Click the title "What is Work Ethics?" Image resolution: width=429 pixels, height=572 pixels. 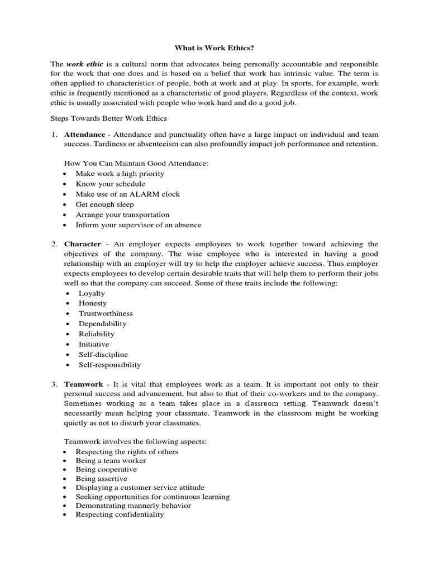214,49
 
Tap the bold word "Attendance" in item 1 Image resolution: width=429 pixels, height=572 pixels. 84,135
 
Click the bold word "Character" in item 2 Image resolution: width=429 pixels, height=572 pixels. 83,244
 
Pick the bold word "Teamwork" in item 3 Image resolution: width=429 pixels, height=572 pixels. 84,385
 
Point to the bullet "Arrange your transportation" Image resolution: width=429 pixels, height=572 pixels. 122,214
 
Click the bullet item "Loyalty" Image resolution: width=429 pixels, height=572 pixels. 92,293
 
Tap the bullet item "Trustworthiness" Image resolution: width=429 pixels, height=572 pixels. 106,313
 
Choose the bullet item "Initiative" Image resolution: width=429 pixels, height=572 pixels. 94,344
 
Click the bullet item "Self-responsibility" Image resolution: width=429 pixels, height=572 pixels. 109,365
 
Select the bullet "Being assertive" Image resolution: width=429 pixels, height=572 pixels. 101,479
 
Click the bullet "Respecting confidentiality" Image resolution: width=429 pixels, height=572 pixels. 120,514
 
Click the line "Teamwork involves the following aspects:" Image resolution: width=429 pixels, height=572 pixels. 136,441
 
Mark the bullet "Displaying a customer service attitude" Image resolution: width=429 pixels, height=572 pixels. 140,488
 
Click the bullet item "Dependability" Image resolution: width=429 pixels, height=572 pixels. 102,323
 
